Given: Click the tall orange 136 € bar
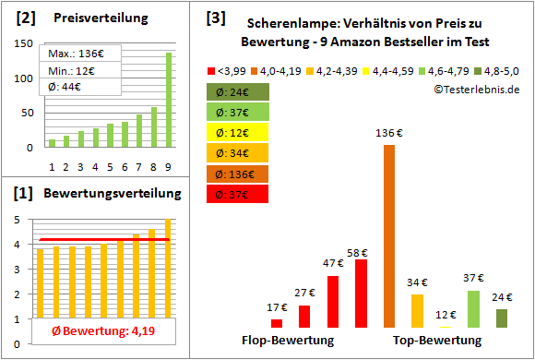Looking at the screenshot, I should pos(388,235).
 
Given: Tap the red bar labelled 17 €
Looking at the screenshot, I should pos(277,323).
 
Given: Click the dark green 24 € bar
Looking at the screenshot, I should pos(501,318).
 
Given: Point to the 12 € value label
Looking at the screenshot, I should pos(446,314).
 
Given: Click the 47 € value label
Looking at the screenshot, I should pos(331,263).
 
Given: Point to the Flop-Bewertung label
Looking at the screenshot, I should pos(288,340).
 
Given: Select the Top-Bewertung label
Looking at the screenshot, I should pos(431,340).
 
